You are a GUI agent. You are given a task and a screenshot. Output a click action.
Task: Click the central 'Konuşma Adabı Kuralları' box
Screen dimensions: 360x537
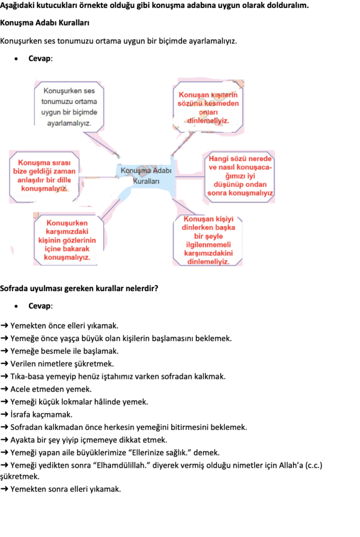(x=146, y=176)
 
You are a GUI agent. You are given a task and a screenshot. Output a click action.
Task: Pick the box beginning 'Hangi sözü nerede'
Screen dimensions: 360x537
(x=239, y=176)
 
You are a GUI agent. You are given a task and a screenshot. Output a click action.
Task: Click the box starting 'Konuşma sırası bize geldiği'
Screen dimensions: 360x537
(x=44, y=176)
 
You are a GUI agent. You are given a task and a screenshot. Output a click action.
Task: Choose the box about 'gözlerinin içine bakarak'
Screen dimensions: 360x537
(x=67, y=240)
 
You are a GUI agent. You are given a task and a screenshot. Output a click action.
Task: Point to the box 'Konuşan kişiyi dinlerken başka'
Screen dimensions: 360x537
(x=208, y=240)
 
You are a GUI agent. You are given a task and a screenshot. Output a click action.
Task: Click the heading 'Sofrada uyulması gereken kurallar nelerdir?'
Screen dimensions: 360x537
(x=79, y=288)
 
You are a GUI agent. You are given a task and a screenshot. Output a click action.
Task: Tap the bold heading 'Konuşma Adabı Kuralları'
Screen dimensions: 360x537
(x=45, y=23)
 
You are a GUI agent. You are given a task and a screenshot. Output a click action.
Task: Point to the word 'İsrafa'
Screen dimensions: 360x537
(x=20, y=414)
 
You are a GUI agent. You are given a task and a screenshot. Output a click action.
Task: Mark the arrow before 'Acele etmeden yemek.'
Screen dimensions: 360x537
(x=4, y=389)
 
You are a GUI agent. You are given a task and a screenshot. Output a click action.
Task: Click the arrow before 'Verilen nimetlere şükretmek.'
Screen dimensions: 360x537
(x=4, y=364)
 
